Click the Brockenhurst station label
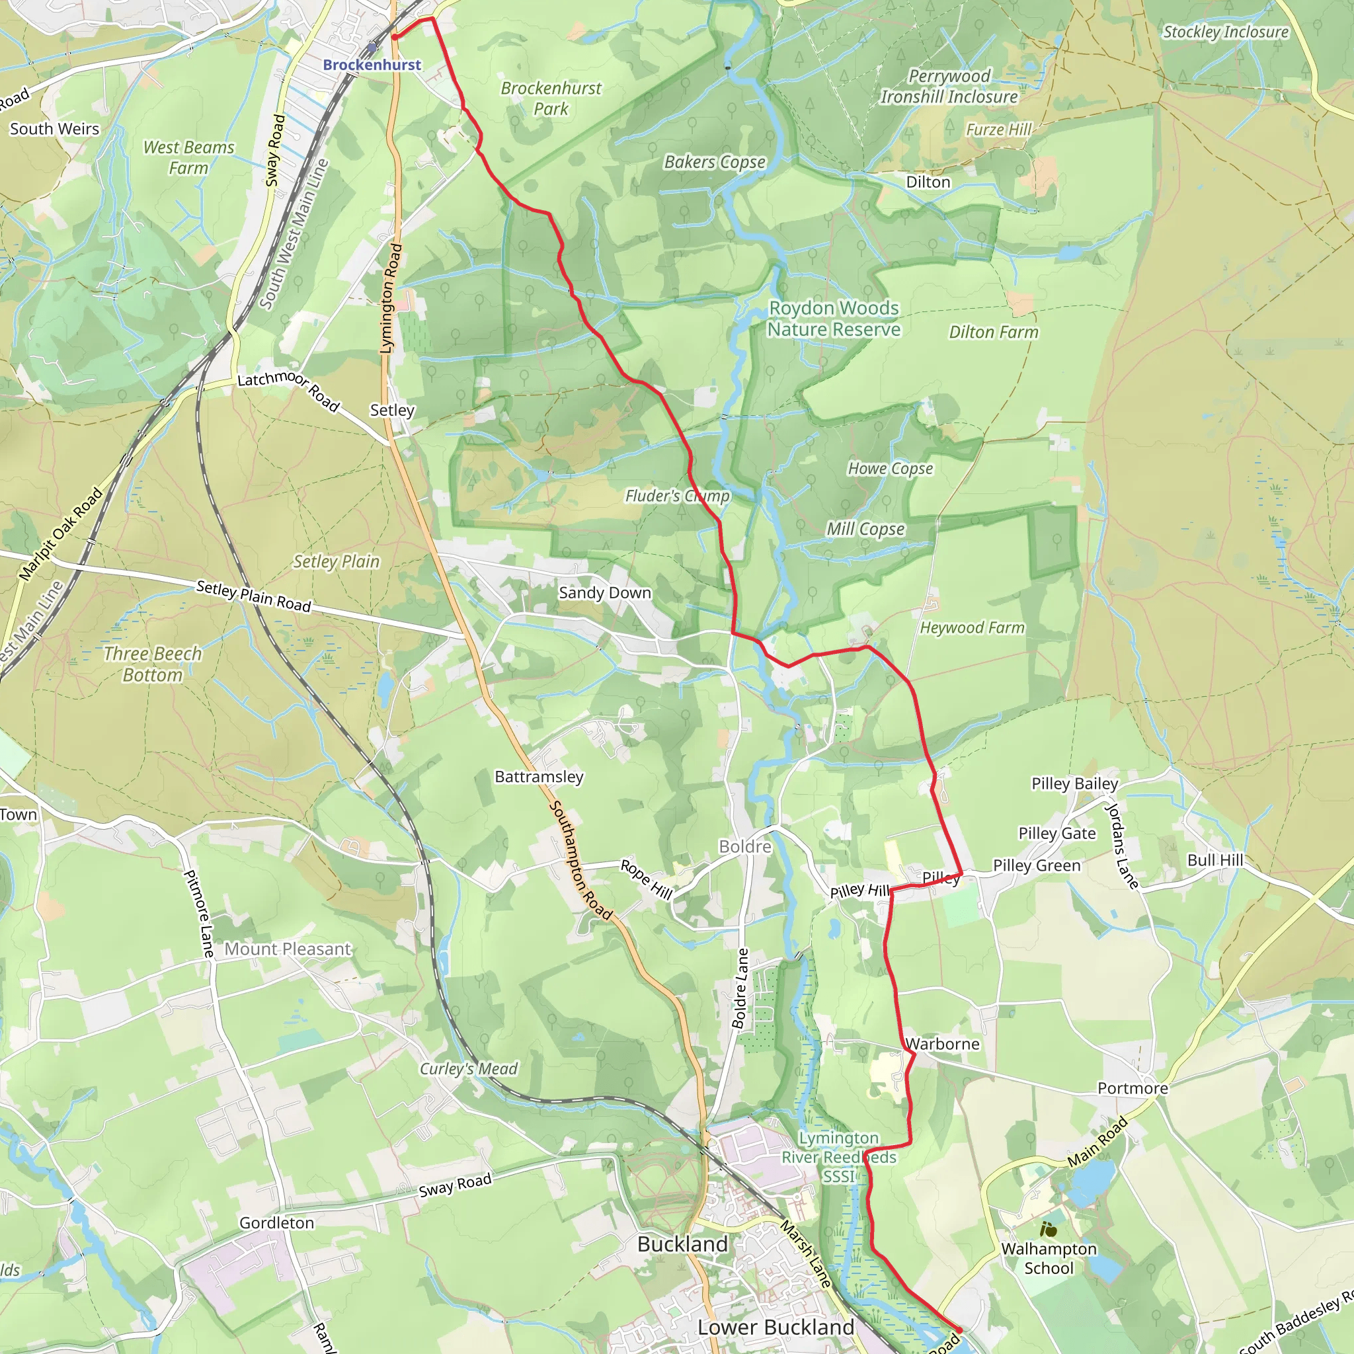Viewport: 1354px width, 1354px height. click(372, 65)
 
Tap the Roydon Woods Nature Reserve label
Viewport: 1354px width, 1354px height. click(833, 319)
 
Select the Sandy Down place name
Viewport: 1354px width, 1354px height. click(605, 593)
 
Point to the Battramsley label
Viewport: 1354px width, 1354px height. click(539, 777)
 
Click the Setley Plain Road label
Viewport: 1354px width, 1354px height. click(254, 596)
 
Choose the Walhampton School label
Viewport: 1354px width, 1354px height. click(1049, 1258)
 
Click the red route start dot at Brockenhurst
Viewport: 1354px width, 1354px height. click(395, 37)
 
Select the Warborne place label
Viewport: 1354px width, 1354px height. click(943, 1043)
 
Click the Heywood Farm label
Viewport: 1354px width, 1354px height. click(972, 628)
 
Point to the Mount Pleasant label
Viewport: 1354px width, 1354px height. click(288, 949)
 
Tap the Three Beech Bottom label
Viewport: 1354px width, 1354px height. click(153, 664)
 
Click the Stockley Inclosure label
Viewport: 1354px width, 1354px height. click(1226, 32)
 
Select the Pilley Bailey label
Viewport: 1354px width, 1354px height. click(1074, 783)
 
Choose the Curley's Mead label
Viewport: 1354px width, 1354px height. click(468, 1069)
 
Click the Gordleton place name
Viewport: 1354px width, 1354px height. click(277, 1223)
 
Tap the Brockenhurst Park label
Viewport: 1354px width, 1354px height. click(551, 98)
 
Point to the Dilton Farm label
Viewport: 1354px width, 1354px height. click(993, 332)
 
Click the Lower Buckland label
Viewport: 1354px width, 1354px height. click(776, 1328)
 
